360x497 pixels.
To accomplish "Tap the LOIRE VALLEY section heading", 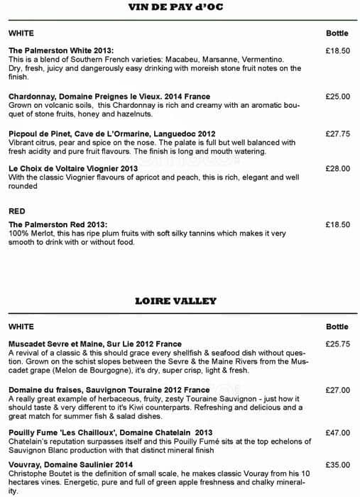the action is point(175,300).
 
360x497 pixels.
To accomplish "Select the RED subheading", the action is point(16,211).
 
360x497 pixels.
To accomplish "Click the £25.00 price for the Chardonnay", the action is point(337,97).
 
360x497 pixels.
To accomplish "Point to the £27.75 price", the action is point(337,133).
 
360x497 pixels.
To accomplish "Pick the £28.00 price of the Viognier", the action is point(337,168).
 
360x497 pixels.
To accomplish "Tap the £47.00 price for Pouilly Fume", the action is point(337,432).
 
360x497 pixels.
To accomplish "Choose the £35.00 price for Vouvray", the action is point(337,465).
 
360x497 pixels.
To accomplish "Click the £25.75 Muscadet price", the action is point(337,344).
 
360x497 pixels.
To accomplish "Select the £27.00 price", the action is point(337,390).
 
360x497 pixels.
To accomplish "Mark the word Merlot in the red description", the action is point(42,234).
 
